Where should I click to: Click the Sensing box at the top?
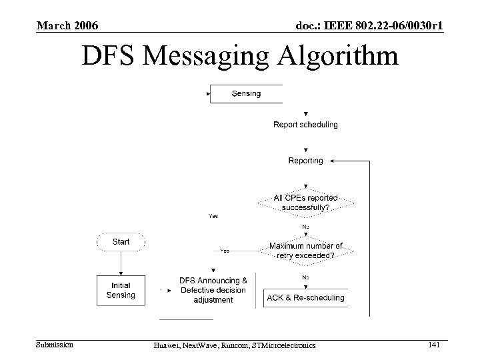pos(246,94)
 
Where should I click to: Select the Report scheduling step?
pos(305,125)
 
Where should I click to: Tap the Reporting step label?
pos(305,161)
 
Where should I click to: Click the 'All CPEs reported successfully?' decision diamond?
pos(305,202)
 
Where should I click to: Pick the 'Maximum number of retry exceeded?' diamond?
pos(305,251)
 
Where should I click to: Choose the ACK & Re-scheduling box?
pos(305,297)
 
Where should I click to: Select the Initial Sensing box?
pos(121,290)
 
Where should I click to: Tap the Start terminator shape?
pos(121,242)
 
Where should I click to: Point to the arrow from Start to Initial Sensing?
pos(121,265)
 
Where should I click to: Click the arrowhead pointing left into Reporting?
pos(333,161)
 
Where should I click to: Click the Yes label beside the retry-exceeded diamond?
pos(225,251)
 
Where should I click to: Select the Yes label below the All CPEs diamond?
pos(213,216)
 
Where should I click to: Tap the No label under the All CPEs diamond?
pos(305,227)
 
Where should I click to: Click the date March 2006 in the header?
pos(67,25)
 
